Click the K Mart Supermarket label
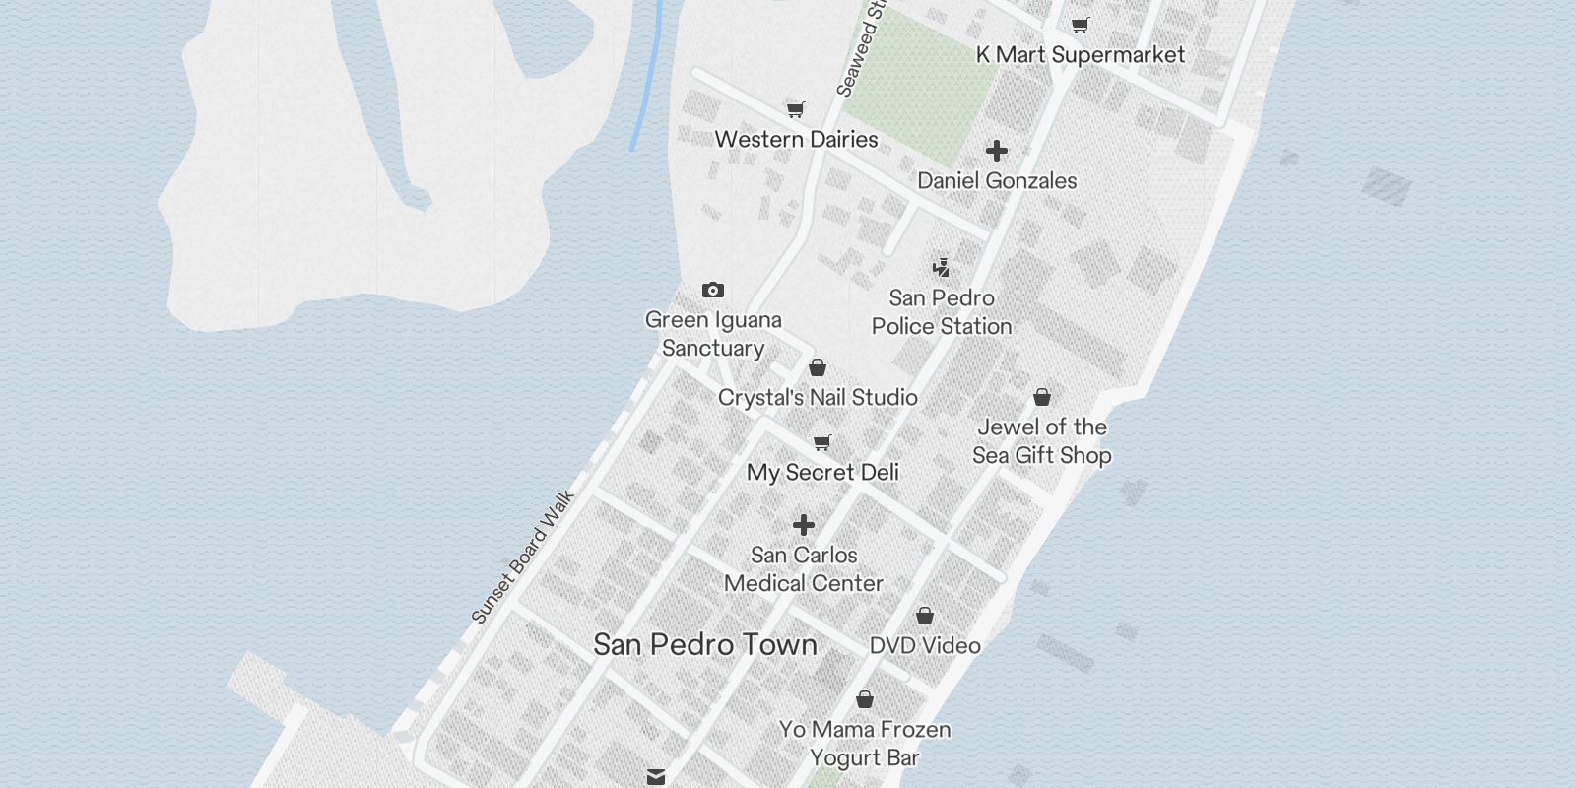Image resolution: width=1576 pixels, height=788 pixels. coord(1080,55)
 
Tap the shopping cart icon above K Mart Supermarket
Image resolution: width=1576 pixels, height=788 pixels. coord(1081,25)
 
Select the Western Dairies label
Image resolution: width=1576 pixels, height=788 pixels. coord(796,139)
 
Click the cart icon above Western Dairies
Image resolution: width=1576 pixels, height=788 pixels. coord(796,109)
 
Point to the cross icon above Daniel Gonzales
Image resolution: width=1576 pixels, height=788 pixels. coord(997,151)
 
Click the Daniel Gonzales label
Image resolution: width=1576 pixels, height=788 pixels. coord(997,181)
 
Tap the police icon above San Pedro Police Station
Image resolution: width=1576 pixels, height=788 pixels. coord(942,267)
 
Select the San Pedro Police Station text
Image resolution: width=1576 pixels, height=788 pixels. coord(942,312)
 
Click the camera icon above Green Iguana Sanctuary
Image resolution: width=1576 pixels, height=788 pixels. coord(713,290)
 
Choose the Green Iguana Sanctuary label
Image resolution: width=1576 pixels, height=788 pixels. coord(713,334)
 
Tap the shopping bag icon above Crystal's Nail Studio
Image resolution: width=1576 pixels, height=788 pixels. coord(817,368)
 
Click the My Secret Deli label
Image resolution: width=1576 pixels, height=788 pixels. coord(822,473)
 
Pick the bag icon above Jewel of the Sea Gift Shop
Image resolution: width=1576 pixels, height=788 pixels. coord(1042,397)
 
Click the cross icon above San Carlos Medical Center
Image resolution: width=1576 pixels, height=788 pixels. coord(804,525)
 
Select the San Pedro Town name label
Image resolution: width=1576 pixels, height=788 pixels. coord(705,645)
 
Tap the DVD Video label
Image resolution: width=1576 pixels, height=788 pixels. coord(925,646)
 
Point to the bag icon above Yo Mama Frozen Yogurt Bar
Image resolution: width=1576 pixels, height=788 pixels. coord(865,699)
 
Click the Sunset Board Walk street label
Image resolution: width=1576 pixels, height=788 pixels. coord(523,558)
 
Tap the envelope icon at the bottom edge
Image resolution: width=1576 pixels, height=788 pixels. coord(656,777)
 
